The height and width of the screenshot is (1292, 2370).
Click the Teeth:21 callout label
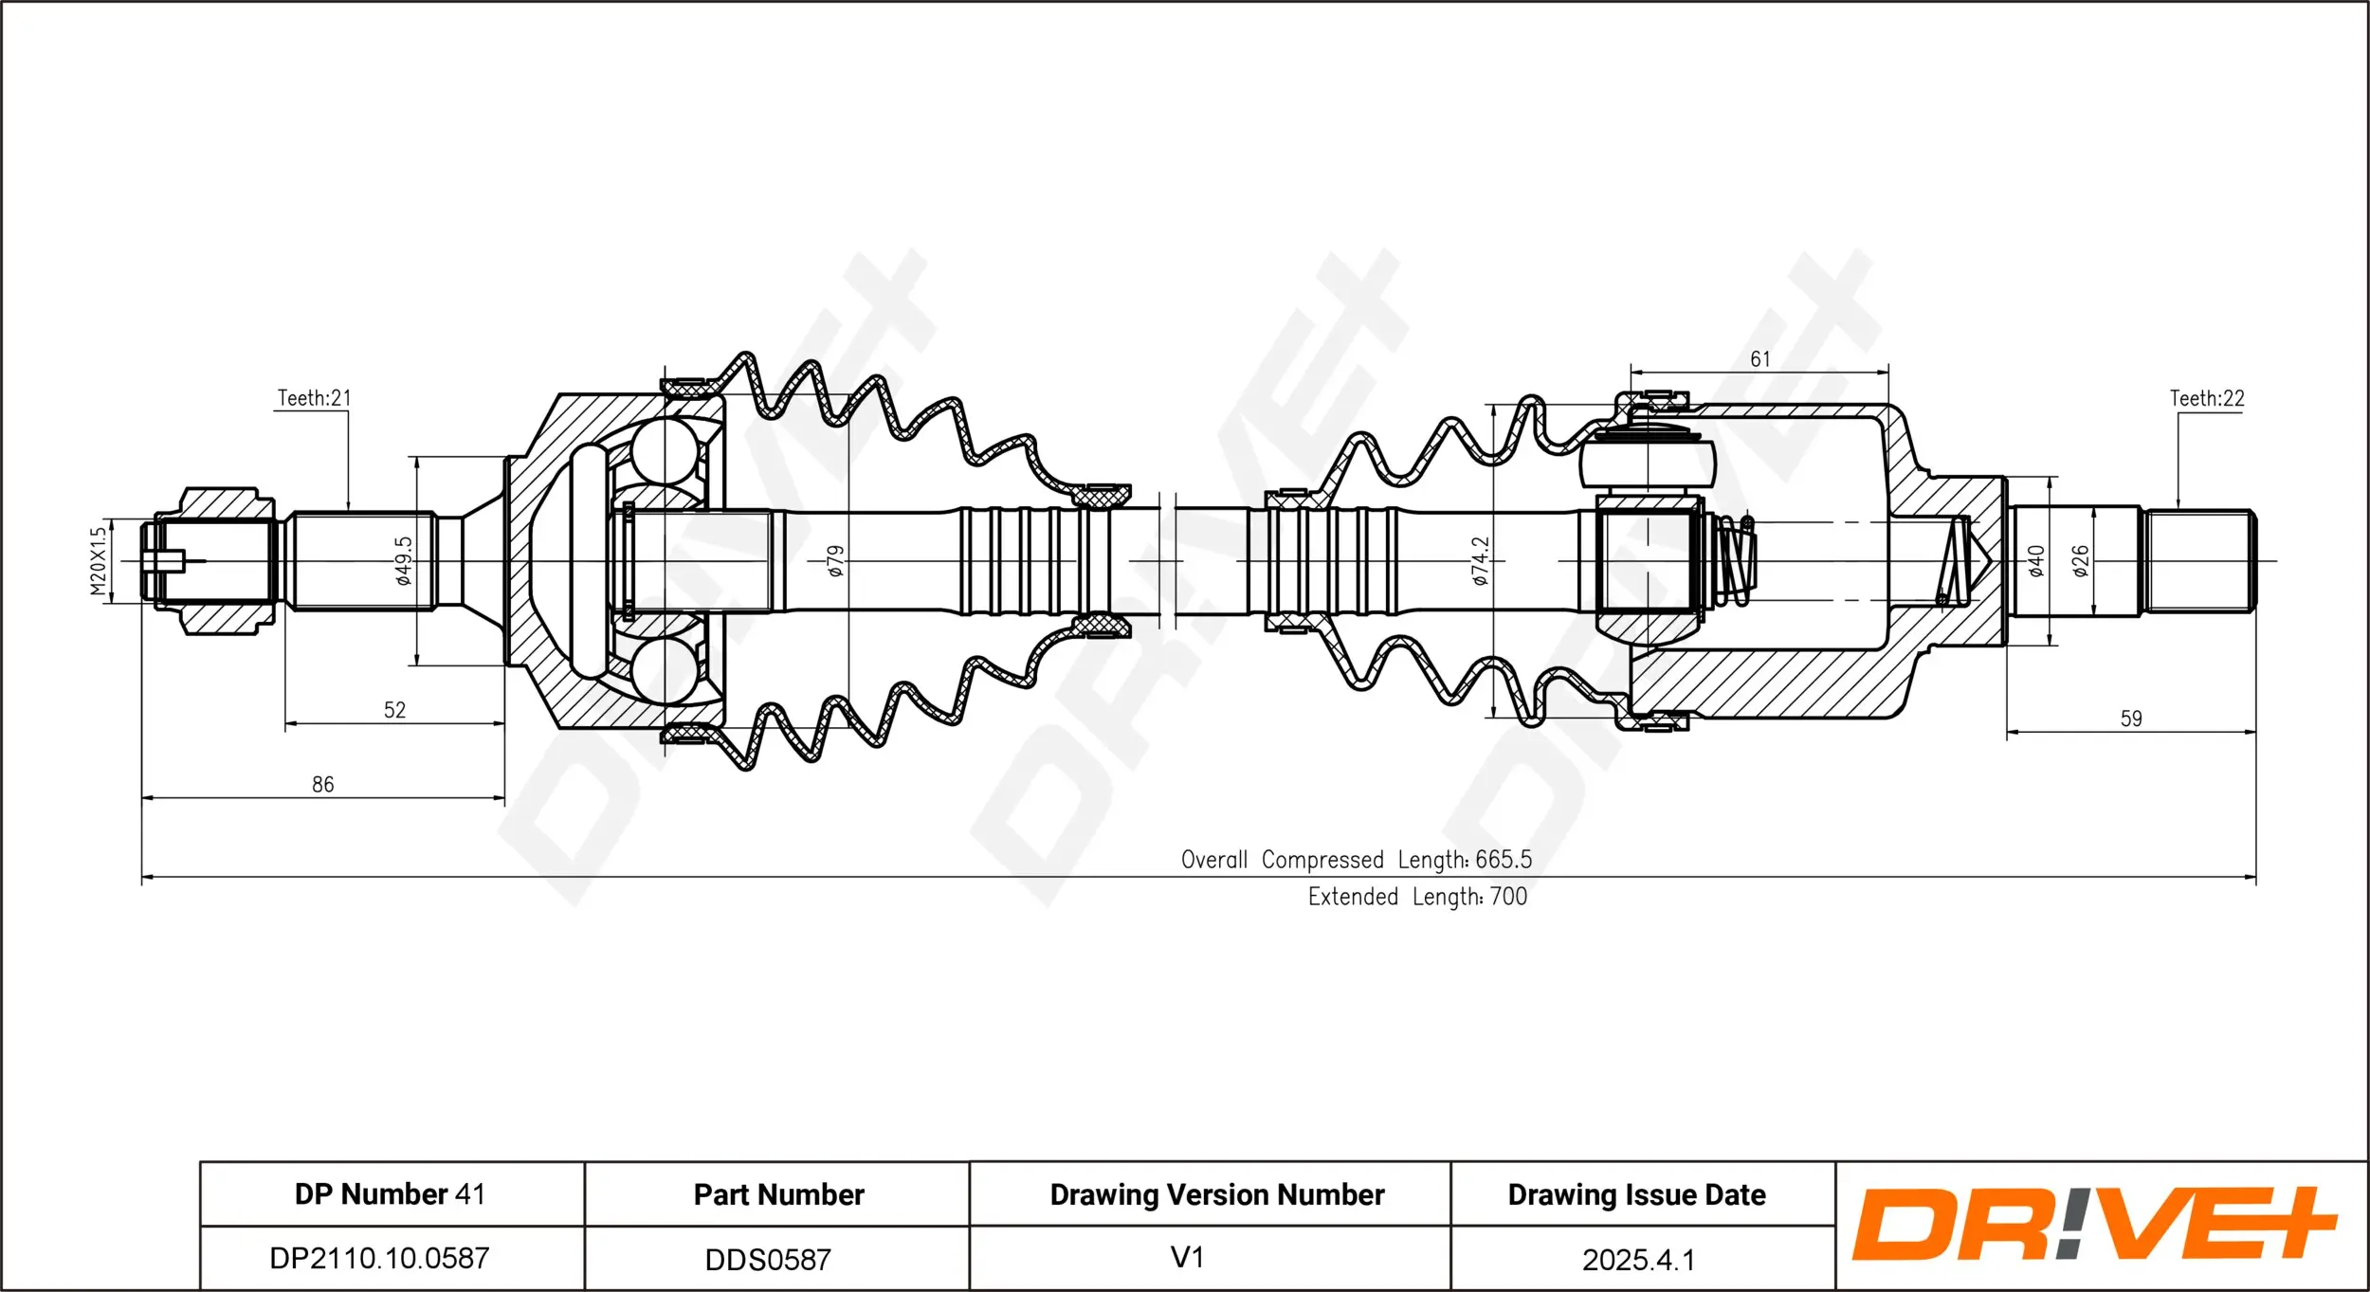(x=314, y=398)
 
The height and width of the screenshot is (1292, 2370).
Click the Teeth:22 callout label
(x=2207, y=398)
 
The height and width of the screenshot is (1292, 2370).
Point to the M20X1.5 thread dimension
(x=99, y=561)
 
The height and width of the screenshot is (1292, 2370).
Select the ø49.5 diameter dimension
(x=404, y=560)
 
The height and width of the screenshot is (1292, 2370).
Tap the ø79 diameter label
(x=834, y=560)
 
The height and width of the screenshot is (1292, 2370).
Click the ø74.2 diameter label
(x=1481, y=560)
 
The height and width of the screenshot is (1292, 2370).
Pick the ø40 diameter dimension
(x=2035, y=560)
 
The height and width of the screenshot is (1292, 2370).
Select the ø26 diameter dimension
(x=2080, y=560)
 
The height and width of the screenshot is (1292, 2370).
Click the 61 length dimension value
(x=1759, y=359)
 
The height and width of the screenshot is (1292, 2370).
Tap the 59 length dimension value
(x=2131, y=719)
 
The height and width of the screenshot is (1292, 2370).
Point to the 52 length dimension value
(x=394, y=710)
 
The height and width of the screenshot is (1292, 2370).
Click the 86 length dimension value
(x=322, y=784)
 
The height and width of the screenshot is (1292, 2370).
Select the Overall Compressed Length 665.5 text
(x=1356, y=860)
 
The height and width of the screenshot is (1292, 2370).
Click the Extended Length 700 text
(x=1417, y=897)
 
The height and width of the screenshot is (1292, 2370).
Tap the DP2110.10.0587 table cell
(x=379, y=1258)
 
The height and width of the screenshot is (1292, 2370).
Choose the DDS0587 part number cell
(x=768, y=1260)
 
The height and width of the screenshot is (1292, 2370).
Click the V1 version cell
(x=1187, y=1257)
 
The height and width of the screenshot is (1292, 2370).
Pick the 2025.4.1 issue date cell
(x=1638, y=1260)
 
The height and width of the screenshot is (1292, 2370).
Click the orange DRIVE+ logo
(x=2093, y=1224)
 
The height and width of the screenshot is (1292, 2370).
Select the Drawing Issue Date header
(x=1636, y=1194)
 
